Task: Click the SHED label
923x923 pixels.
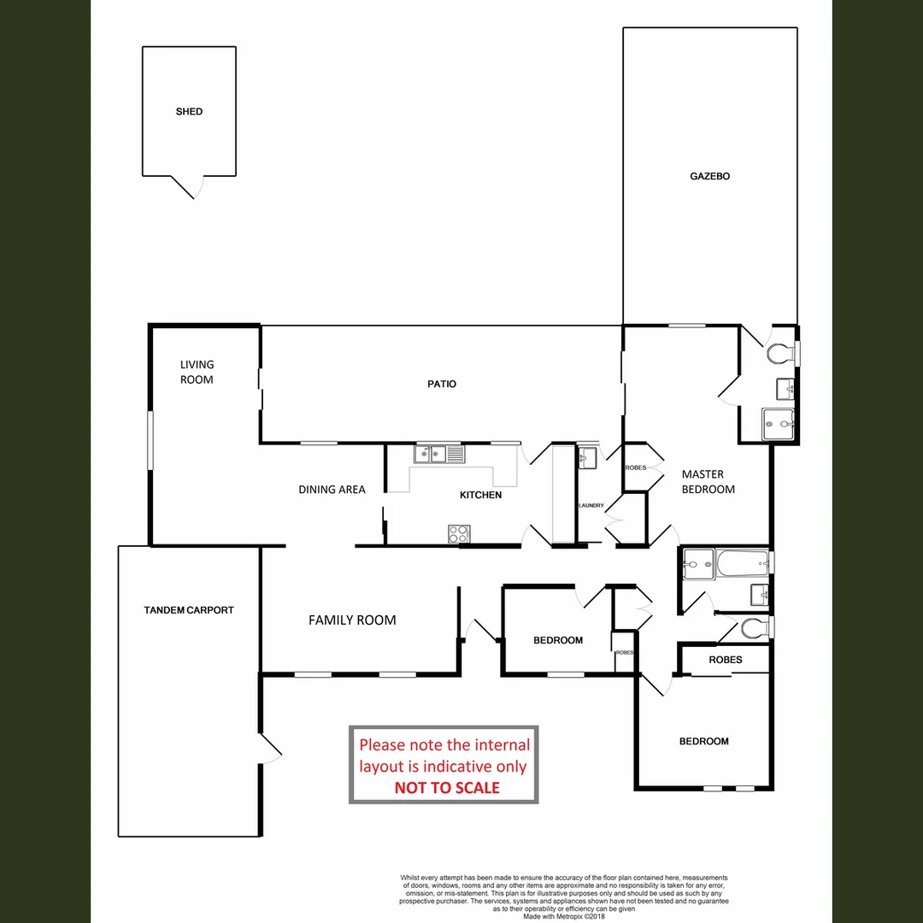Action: [189, 112]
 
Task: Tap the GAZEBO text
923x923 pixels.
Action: [709, 177]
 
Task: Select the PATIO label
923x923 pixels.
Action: [442, 385]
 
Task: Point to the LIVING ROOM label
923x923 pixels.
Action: [197, 372]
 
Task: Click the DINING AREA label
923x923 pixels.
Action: [332, 490]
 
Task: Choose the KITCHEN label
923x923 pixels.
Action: [480, 495]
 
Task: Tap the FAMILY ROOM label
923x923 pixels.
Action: [352, 620]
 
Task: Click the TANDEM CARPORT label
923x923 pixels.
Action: [189, 610]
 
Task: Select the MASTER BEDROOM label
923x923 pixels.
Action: [708, 482]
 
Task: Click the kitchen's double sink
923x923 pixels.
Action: [439, 454]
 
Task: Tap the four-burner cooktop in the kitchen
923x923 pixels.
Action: [459, 533]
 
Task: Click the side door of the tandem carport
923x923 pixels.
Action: [270, 749]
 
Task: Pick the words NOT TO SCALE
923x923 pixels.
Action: [447, 788]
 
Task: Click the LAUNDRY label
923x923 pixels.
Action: [591, 506]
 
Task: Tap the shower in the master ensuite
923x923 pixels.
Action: [779, 422]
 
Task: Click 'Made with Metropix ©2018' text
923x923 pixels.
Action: [564, 916]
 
